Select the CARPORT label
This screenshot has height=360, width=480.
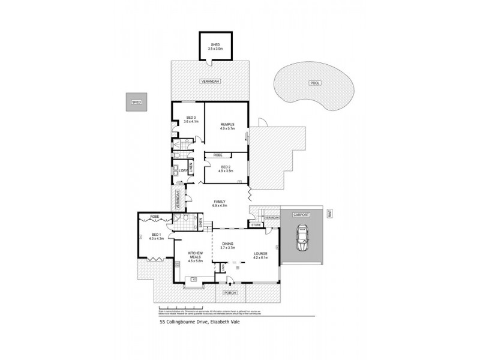301,214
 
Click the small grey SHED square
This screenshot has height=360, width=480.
136,103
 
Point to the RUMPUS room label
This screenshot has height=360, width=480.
226,125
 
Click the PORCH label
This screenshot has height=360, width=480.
230,292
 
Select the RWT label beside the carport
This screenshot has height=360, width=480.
329,212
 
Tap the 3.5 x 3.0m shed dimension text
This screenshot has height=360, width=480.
215,48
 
